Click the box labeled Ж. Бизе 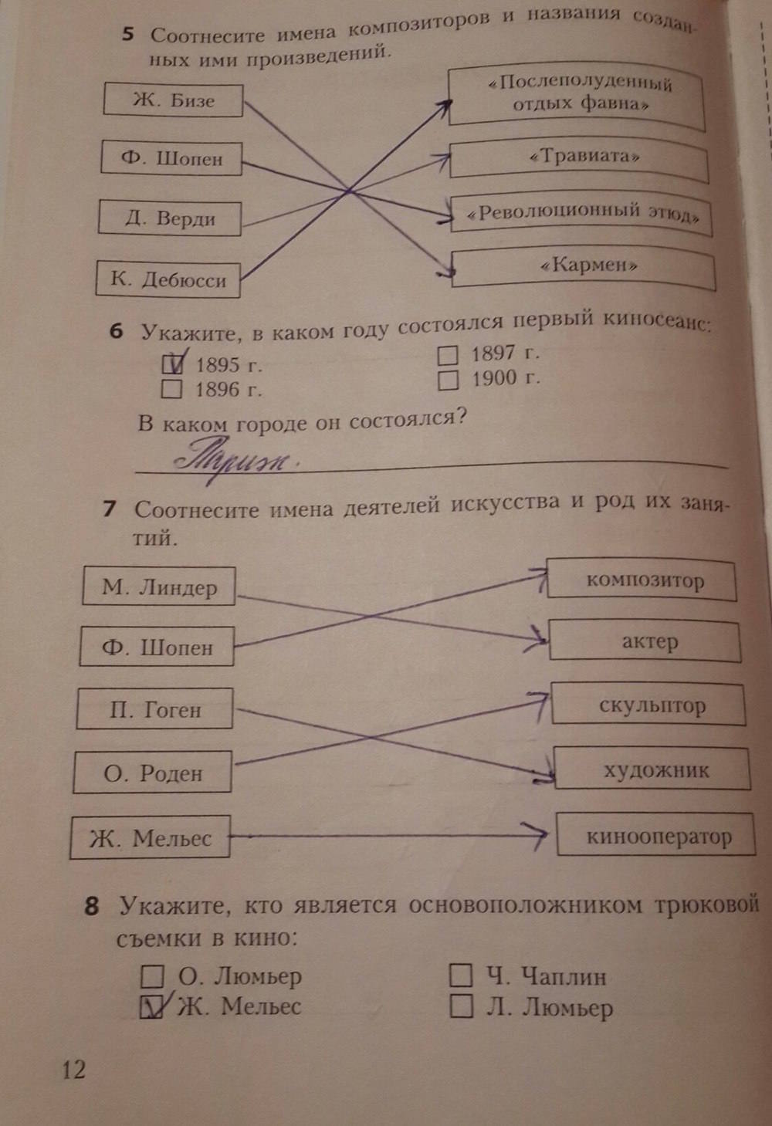tap(173, 100)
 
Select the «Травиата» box tap(579, 159)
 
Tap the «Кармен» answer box tap(584, 268)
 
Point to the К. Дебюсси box tap(168, 279)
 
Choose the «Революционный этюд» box tap(581, 214)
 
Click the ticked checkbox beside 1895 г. tap(173, 363)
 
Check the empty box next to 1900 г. tap(448, 380)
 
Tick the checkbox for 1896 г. tap(172, 389)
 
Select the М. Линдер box tap(159, 587)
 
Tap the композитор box tap(642, 580)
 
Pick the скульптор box tap(648, 705)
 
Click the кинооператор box tap(655, 836)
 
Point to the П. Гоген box tap(155, 709)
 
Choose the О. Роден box tap(153, 773)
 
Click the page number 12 tap(73, 1070)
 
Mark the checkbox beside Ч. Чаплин tap(460, 976)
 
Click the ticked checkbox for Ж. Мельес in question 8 tap(153, 1006)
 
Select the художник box tap(652, 769)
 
